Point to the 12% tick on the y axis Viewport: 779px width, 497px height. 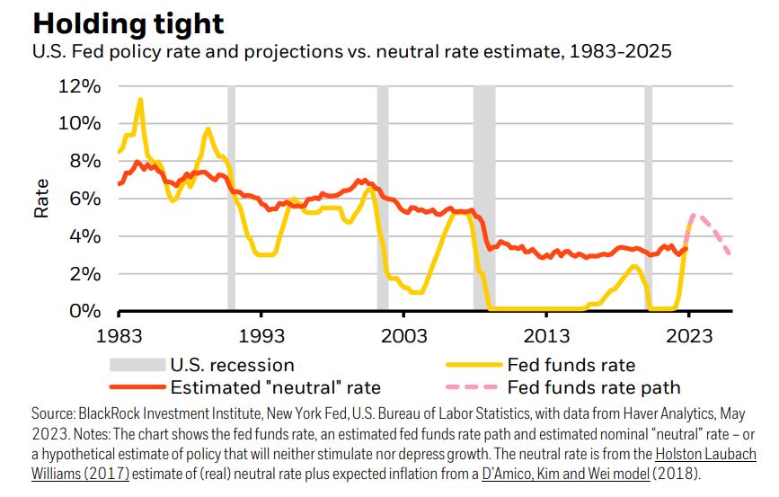click(x=80, y=86)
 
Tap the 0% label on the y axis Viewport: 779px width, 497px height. click(x=85, y=311)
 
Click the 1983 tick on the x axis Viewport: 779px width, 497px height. click(x=119, y=335)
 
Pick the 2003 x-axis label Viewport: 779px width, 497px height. click(x=403, y=335)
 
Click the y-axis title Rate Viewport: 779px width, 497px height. click(x=41, y=199)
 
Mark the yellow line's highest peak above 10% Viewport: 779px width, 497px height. click(x=140, y=99)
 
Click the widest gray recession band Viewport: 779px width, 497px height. click(x=484, y=198)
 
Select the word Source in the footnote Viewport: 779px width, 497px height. click(x=49, y=416)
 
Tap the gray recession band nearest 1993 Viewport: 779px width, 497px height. click(x=231, y=198)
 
